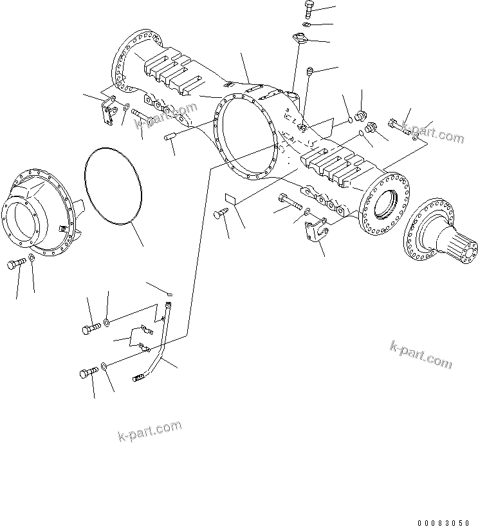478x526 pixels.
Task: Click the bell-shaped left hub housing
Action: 39,212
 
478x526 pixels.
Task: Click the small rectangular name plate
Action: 231,199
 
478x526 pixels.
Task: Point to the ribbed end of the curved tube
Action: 140,377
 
